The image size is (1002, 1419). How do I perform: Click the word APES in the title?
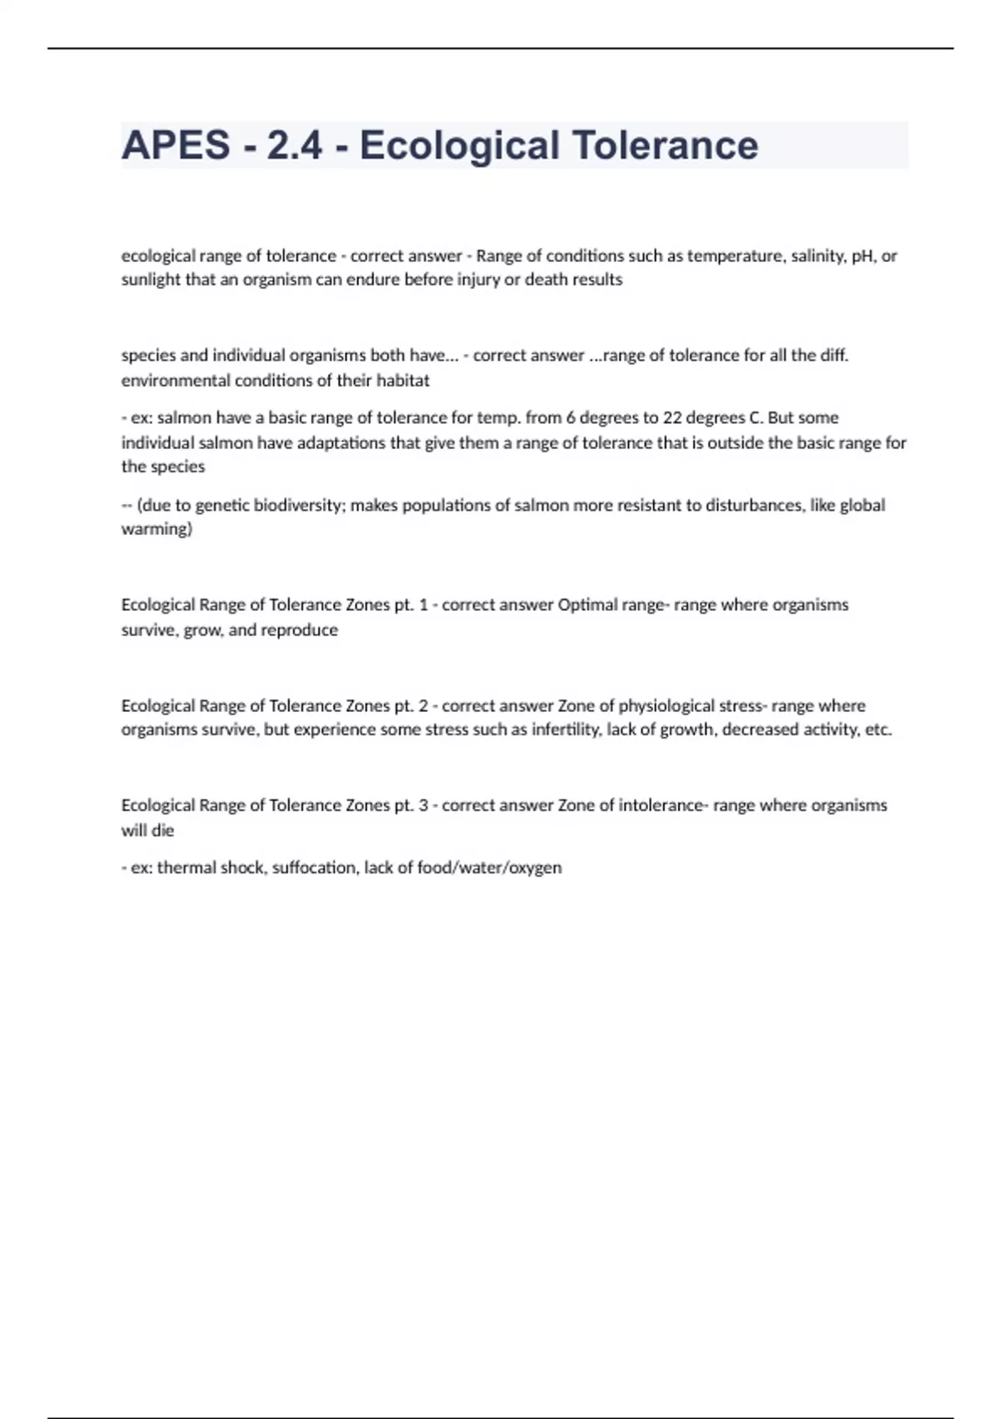pos(175,145)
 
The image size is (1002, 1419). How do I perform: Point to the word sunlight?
pos(151,280)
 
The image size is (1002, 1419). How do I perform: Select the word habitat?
pos(403,381)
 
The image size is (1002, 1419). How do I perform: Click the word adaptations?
pos(342,442)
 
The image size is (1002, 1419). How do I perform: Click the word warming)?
pos(156,529)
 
